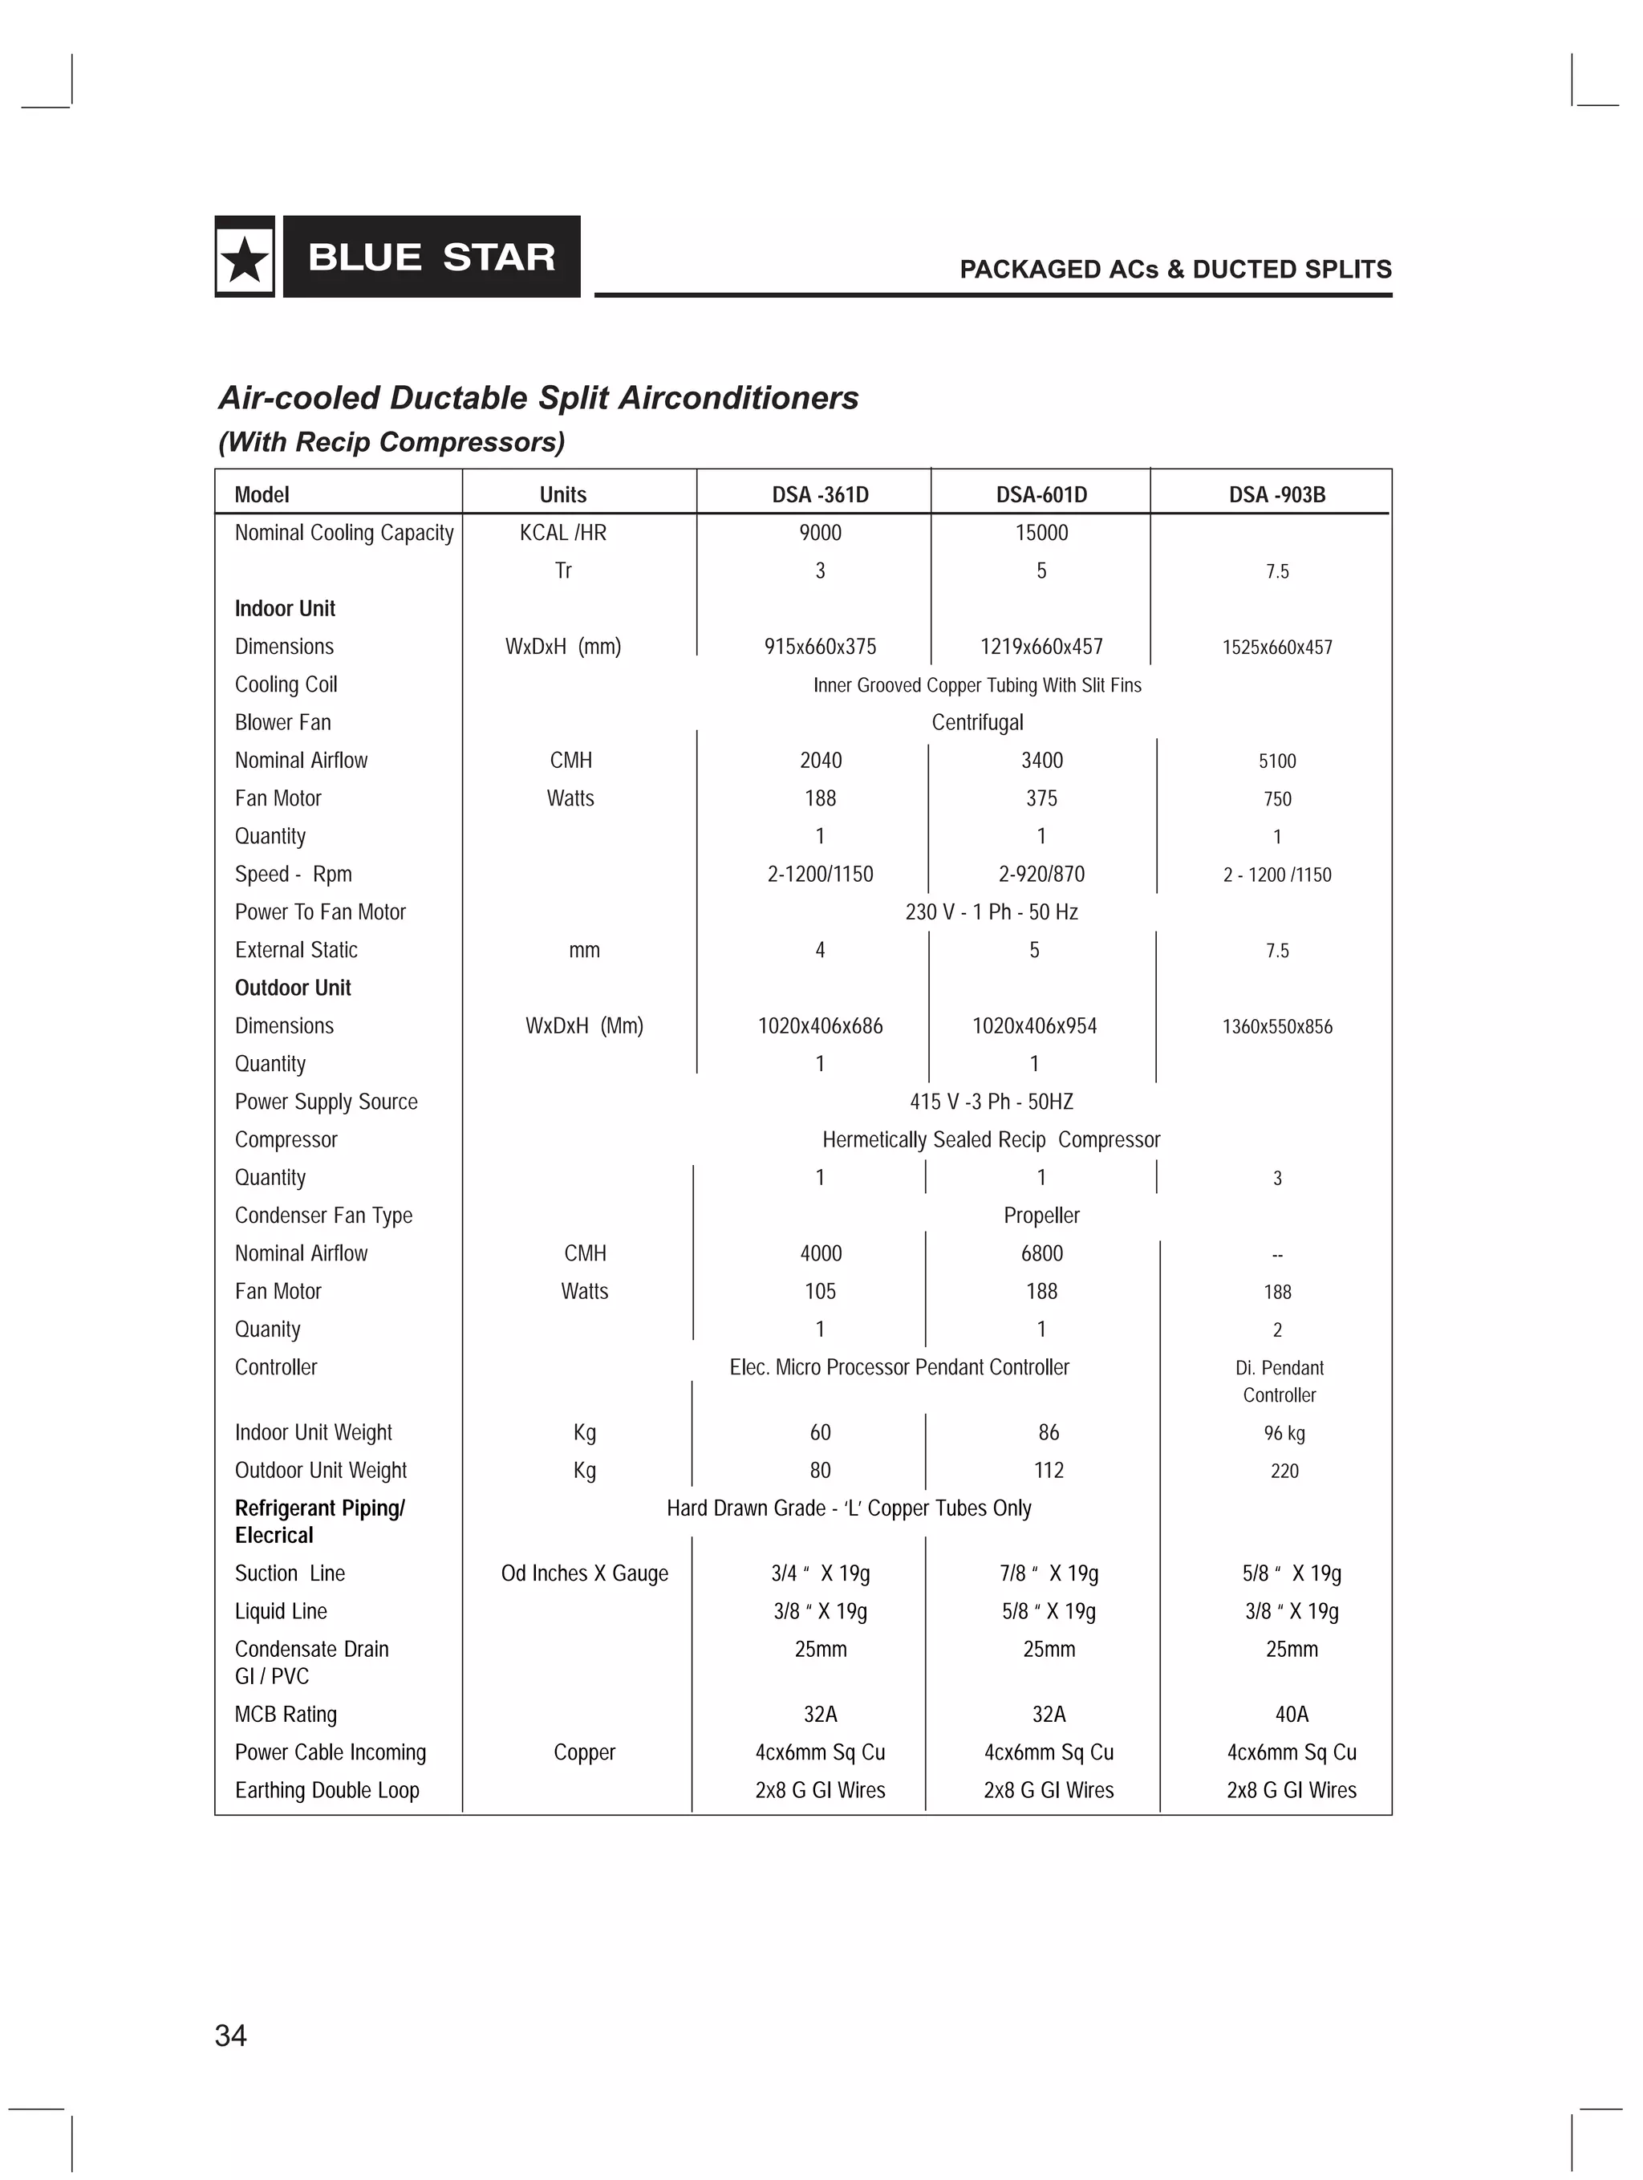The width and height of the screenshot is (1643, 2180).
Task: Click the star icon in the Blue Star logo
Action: (x=245, y=259)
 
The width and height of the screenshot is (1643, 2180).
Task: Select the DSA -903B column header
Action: (x=1276, y=495)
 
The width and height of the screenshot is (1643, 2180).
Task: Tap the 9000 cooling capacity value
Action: (x=820, y=534)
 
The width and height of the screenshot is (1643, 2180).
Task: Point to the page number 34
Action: (x=230, y=2035)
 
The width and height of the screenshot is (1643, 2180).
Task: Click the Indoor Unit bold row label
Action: (x=285, y=608)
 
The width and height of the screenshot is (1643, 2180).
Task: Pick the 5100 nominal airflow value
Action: (x=1276, y=761)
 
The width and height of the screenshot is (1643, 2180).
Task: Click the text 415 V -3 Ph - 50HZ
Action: (x=991, y=1102)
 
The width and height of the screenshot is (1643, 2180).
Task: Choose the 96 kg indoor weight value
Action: (x=1284, y=1433)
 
